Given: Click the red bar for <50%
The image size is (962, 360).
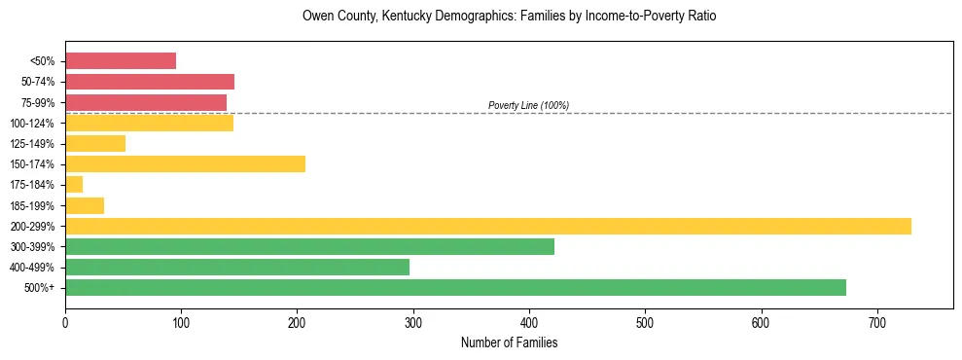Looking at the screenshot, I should pos(121,61).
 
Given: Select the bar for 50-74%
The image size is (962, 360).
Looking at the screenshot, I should pos(150,82).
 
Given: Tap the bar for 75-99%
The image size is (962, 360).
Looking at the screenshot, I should pos(146,102).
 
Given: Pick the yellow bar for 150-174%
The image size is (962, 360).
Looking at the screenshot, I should pos(185,164).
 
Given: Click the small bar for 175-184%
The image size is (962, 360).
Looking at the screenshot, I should pos(74,185).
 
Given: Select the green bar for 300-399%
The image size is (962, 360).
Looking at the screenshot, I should pos(309,247).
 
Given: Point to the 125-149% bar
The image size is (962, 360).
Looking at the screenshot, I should pos(95,144).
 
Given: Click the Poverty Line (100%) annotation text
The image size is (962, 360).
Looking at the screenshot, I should pos(528,105).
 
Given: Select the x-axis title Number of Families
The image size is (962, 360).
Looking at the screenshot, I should pos(509,342).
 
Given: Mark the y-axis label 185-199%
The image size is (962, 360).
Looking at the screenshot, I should pos(34,206).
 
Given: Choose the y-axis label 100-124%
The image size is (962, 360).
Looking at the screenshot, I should pos(34,124).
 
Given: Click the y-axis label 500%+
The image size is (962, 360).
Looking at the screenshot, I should pos(40,288).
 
